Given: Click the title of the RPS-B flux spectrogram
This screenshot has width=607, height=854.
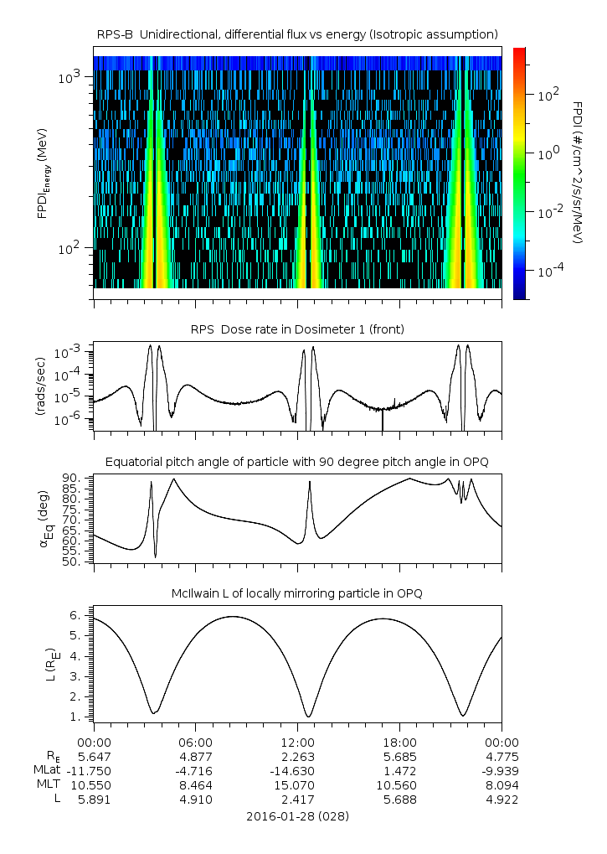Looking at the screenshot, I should pyautogui.click(x=297, y=34).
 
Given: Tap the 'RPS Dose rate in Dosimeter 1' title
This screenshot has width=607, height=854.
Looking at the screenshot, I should pyautogui.click(x=297, y=329).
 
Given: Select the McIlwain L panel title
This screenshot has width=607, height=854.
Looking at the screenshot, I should pyautogui.click(x=297, y=593).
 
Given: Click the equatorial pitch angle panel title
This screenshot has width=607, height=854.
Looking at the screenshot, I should pyautogui.click(x=297, y=462).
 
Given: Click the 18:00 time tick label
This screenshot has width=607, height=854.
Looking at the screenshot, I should pyautogui.click(x=399, y=743).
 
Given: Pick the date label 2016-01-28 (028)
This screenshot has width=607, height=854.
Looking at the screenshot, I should pyautogui.click(x=297, y=815).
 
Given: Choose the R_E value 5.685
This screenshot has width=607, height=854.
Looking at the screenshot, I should pyautogui.click(x=399, y=757).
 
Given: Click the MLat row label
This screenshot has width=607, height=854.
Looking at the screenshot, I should pyautogui.click(x=47, y=771).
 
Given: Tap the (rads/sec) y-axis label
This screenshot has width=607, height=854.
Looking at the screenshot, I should pyautogui.click(x=39, y=386).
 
